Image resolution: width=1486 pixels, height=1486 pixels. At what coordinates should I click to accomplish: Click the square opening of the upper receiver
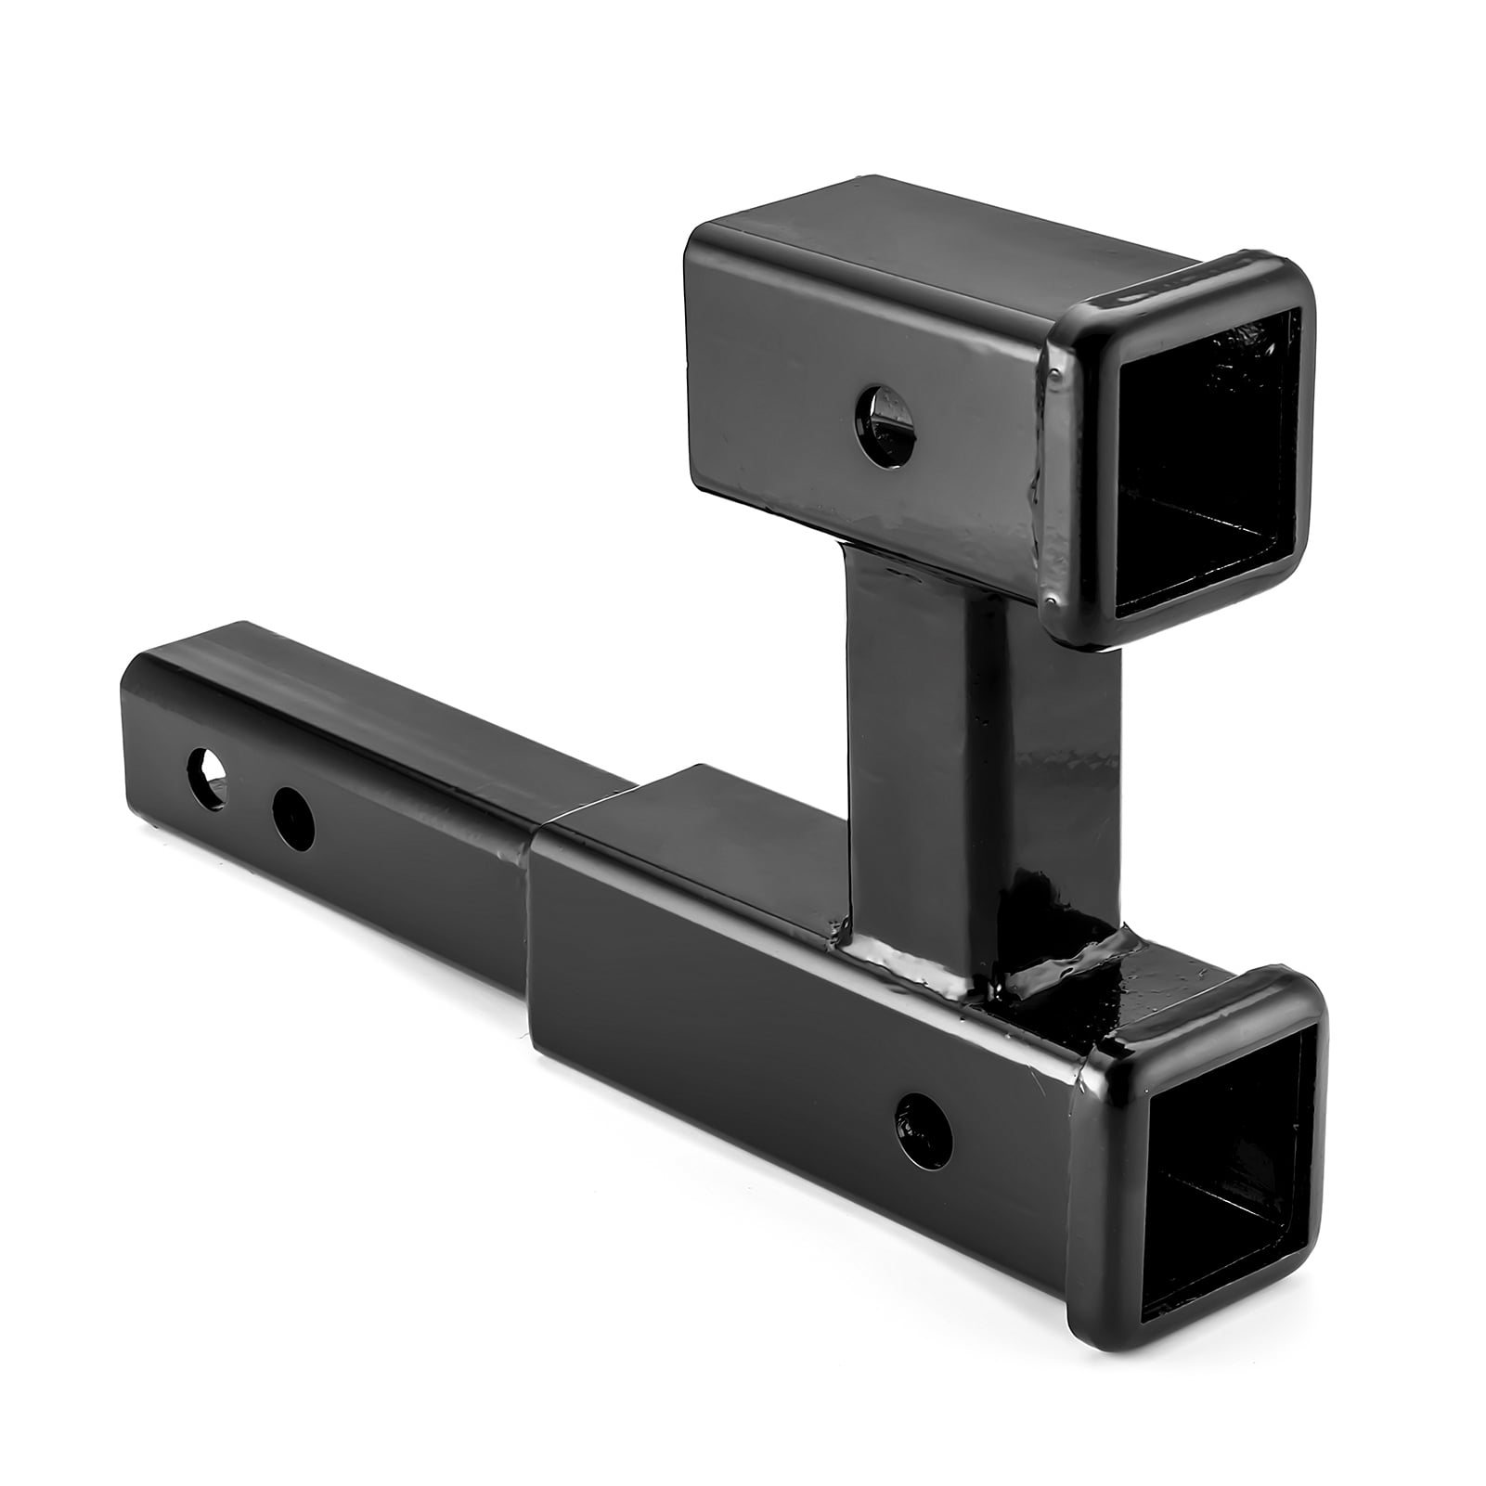coord(1207,446)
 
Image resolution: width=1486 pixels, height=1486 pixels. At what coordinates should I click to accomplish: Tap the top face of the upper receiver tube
coord(928,241)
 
